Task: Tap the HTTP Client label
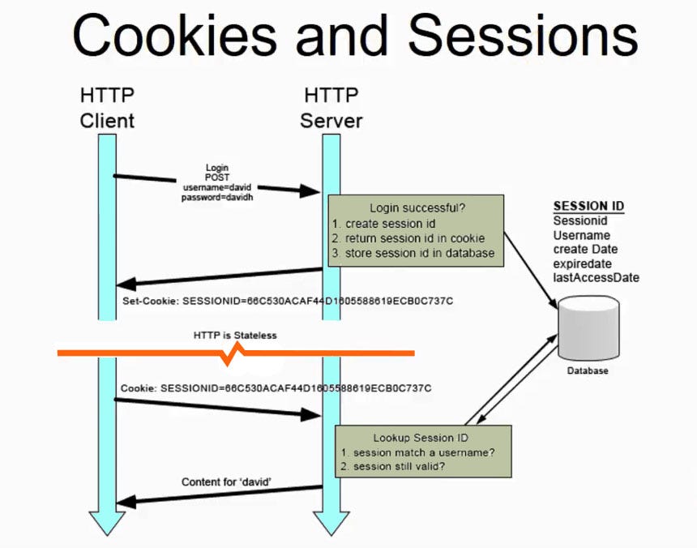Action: (x=107, y=109)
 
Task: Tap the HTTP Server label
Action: (x=331, y=109)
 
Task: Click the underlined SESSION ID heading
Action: (x=588, y=206)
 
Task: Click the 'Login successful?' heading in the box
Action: (x=417, y=208)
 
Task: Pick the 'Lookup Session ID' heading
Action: (x=421, y=437)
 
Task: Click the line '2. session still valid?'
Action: (x=395, y=466)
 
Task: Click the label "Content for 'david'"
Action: (x=225, y=482)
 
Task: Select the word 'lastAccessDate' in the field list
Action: (x=596, y=278)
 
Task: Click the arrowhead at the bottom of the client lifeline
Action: (x=107, y=524)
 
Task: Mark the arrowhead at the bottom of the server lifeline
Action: (x=331, y=524)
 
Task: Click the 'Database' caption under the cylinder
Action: (x=587, y=371)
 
